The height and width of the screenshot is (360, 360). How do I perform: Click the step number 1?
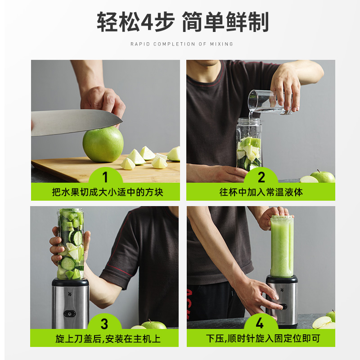[x=105, y=177]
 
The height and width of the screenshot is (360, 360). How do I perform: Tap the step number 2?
[x=261, y=177]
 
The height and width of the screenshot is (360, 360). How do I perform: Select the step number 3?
[x=104, y=324]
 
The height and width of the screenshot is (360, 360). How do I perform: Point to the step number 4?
[x=260, y=323]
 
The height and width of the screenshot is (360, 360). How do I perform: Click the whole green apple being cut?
[x=103, y=144]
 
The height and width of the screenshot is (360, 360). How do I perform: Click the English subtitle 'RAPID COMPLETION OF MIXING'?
[x=182, y=44]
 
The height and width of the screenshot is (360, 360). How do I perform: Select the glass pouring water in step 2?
[x=270, y=102]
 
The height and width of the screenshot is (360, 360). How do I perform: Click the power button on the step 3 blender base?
[x=70, y=313]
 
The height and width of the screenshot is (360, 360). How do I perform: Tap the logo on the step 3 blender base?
[x=70, y=294]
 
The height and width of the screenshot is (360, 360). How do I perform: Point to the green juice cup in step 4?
[x=282, y=246]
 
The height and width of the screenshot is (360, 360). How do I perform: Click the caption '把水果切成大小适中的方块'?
[x=108, y=192]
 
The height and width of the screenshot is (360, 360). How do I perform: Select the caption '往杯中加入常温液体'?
[x=261, y=192]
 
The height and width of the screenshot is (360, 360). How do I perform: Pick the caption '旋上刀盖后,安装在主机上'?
[x=108, y=339]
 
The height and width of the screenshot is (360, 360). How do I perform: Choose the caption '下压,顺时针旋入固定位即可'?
[x=263, y=338]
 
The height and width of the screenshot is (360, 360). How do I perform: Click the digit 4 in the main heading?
[x=148, y=22]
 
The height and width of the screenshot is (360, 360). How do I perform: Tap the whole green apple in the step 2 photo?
[x=323, y=176]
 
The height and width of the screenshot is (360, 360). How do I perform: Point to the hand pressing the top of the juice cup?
[x=274, y=217]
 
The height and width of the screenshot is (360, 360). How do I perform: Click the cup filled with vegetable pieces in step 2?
[x=249, y=144]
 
